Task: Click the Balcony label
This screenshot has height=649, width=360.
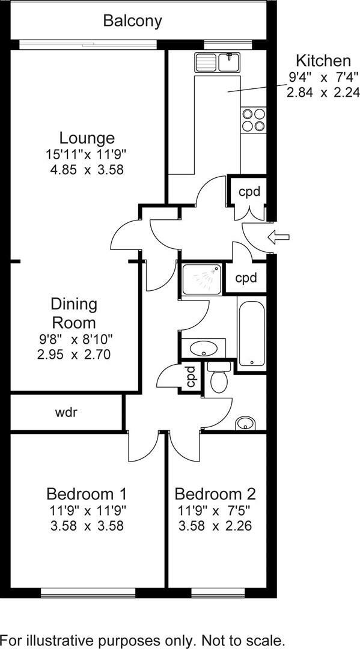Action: click(x=132, y=21)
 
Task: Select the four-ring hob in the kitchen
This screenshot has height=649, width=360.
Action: click(x=253, y=119)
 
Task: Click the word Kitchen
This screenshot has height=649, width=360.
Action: click(x=323, y=61)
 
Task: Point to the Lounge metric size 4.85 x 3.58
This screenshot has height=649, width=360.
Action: click(x=87, y=169)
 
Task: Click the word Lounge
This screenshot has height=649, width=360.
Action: click(x=87, y=138)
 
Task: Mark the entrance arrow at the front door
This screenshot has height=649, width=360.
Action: click(x=279, y=237)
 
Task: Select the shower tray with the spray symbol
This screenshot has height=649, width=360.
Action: click(x=201, y=279)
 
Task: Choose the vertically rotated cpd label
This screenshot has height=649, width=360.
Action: click(x=191, y=377)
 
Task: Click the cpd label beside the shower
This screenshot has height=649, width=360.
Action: click(x=246, y=278)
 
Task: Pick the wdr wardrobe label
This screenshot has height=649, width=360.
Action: click(x=67, y=412)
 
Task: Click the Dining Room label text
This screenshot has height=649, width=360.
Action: click(x=73, y=312)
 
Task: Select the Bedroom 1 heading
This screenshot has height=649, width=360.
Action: click(x=87, y=494)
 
